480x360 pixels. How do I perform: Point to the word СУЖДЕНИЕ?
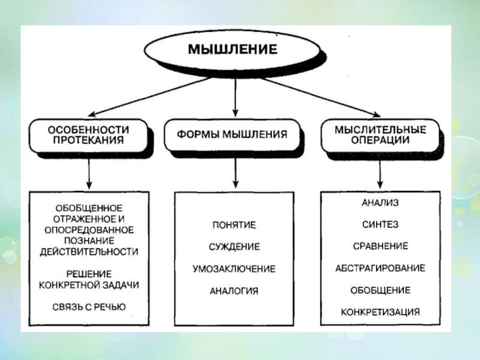234,247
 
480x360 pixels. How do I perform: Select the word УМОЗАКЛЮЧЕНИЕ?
234,268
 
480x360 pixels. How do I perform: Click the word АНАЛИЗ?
380,203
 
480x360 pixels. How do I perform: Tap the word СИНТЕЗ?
380,224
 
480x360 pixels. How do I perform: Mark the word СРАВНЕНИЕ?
380,246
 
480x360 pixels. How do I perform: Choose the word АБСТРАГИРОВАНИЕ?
380,268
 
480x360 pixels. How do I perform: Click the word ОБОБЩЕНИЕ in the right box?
380,290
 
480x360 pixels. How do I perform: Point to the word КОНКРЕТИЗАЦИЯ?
380,312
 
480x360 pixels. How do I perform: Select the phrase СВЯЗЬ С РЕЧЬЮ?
89,307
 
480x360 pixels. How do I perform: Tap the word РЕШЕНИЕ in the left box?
89,274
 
